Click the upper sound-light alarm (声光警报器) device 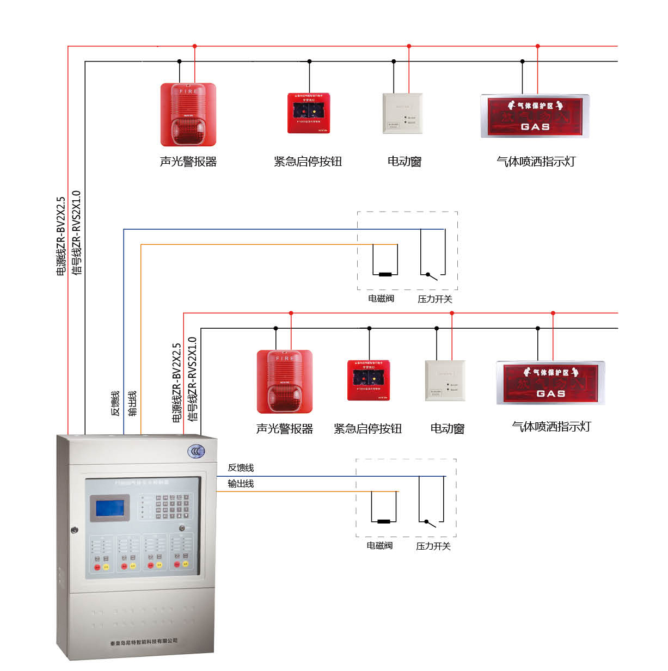(x=188, y=115)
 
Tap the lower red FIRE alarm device (x=284, y=381)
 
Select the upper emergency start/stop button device (x=309, y=113)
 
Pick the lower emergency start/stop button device (x=369, y=380)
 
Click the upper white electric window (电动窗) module (x=402, y=113)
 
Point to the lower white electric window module (x=445, y=380)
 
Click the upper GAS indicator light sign (x=535, y=116)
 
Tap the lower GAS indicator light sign (x=550, y=383)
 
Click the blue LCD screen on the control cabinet (x=109, y=508)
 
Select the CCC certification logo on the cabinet (x=195, y=451)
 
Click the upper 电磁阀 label (x=381, y=299)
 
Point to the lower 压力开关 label (x=433, y=546)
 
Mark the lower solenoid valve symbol (x=384, y=521)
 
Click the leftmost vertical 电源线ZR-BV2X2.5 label (x=61, y=236)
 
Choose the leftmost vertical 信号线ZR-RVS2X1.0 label (x=77, y=233)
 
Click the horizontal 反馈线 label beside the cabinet (x=241, y=468)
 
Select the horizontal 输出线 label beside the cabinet (x=241, y=484)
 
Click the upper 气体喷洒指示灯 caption (x=536, y=162)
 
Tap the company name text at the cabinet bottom (x=144, y=642)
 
